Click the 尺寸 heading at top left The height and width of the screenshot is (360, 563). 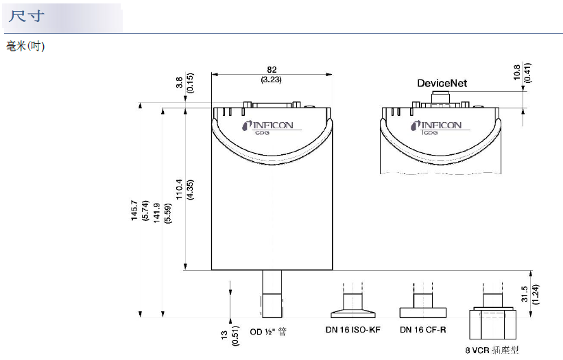pyautogui.click(x=27, y=16)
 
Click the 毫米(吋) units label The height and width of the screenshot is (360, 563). pyautogui.click(x=25, y=47)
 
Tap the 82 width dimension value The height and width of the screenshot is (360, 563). pyautogui.click(x=272, y=70)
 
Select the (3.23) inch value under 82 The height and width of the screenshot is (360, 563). pyautogui.click(x=271, y=80)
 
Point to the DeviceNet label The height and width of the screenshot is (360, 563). pyautogui.click(x=442, y=83)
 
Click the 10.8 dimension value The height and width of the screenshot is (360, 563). pyautogui.click(x=516, y=72)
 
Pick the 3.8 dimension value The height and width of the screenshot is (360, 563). pyautogui.click(x=180, y=82)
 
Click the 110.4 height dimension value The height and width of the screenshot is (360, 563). pyautogui.click(x=179, y=189)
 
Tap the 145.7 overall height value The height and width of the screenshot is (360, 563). pyautogui.click(x=134, y=211)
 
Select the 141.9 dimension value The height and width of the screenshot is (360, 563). pyautogui.click(x=157, y=213)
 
